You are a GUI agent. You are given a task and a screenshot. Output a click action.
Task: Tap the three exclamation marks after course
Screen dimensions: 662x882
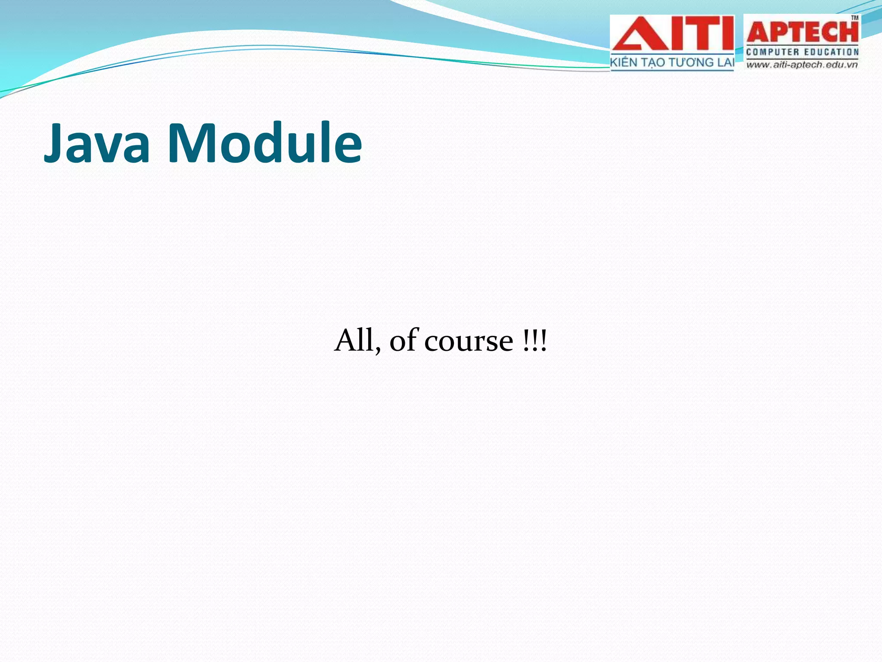click(534, 340)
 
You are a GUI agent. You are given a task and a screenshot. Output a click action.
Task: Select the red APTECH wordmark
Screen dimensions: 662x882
click(802, 32)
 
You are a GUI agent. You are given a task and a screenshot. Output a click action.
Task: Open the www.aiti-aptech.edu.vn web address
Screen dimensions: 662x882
click(802, 65)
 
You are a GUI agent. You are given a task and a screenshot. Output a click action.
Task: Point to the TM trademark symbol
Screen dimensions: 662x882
click(854, 18)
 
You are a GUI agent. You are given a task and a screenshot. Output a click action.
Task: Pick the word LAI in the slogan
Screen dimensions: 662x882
click(725, 62)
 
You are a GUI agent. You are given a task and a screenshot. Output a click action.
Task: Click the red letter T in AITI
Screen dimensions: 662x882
click(697, 34)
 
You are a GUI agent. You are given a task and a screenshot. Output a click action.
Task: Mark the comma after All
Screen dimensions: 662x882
click(378, 351)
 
